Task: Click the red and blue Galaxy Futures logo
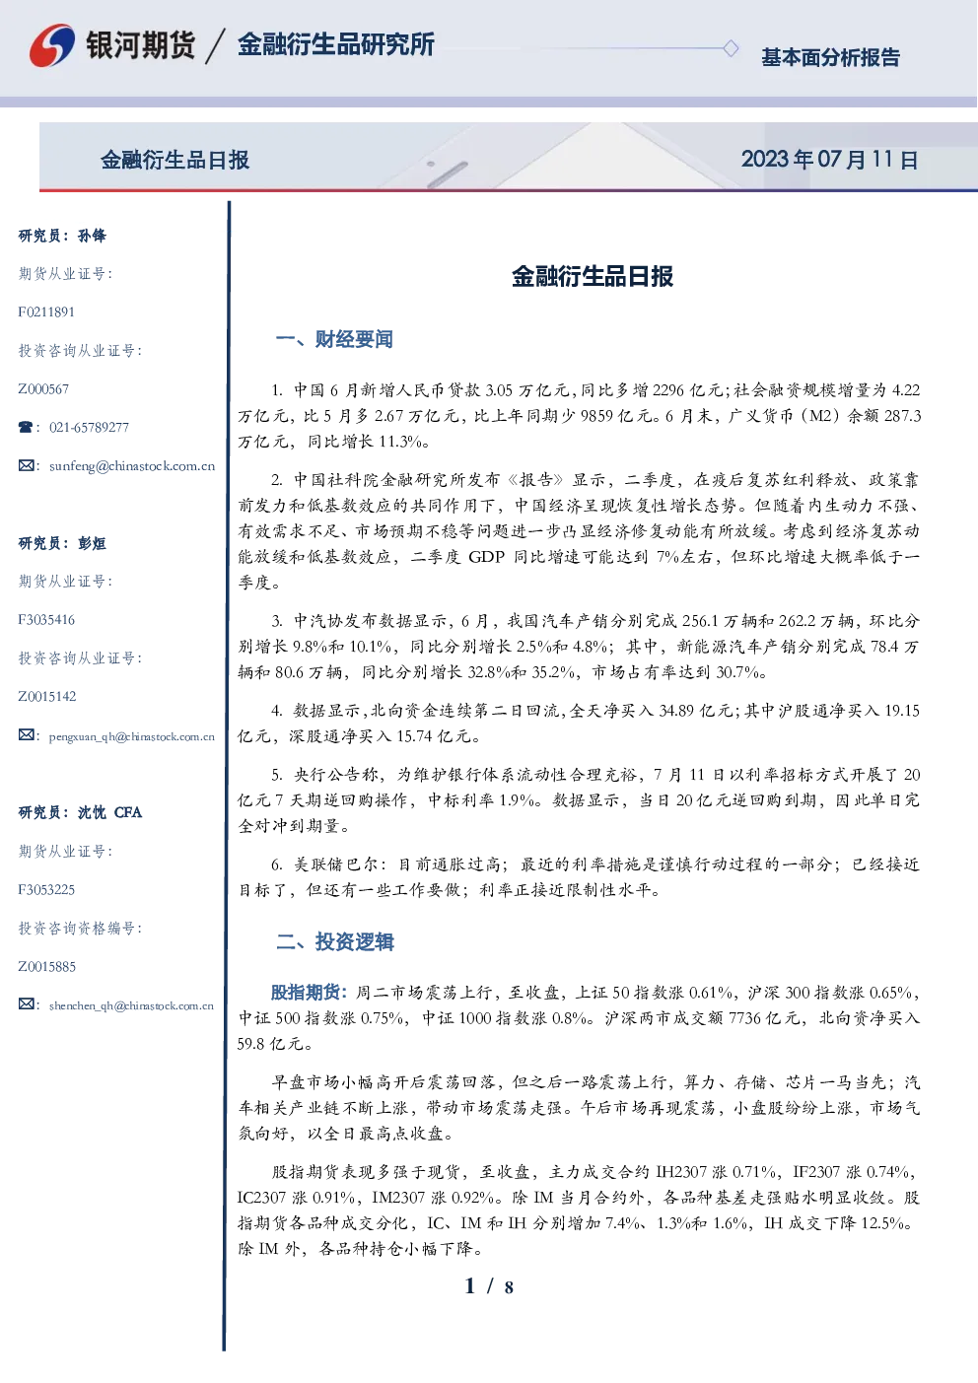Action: (52, 45)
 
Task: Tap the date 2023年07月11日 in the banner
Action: (830, 160)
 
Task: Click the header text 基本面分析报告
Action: (830, 57)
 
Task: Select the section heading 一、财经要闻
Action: (334, 339)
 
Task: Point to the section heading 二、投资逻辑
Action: (334, 941)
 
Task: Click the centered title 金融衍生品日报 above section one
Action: (593, 277)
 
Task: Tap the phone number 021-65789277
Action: (89, 427)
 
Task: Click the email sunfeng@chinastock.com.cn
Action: (132, 466)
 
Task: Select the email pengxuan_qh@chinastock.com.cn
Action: (131, 736)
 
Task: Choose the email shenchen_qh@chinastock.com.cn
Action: (131, 1005)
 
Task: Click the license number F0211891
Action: (46, 311)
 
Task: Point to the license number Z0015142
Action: (47, 697)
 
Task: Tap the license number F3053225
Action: (46, 890)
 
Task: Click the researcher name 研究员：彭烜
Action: (62, 543)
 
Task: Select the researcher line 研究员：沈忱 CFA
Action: (80, 812)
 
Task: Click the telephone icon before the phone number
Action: (26, 427)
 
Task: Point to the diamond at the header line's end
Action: (731, 48)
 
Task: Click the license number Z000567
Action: (43, 389)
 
